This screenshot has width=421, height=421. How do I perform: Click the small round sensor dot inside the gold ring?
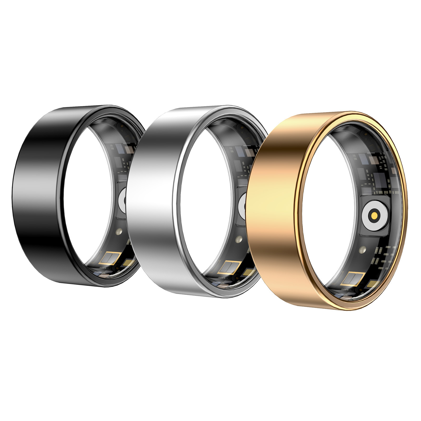pos(363,248)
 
